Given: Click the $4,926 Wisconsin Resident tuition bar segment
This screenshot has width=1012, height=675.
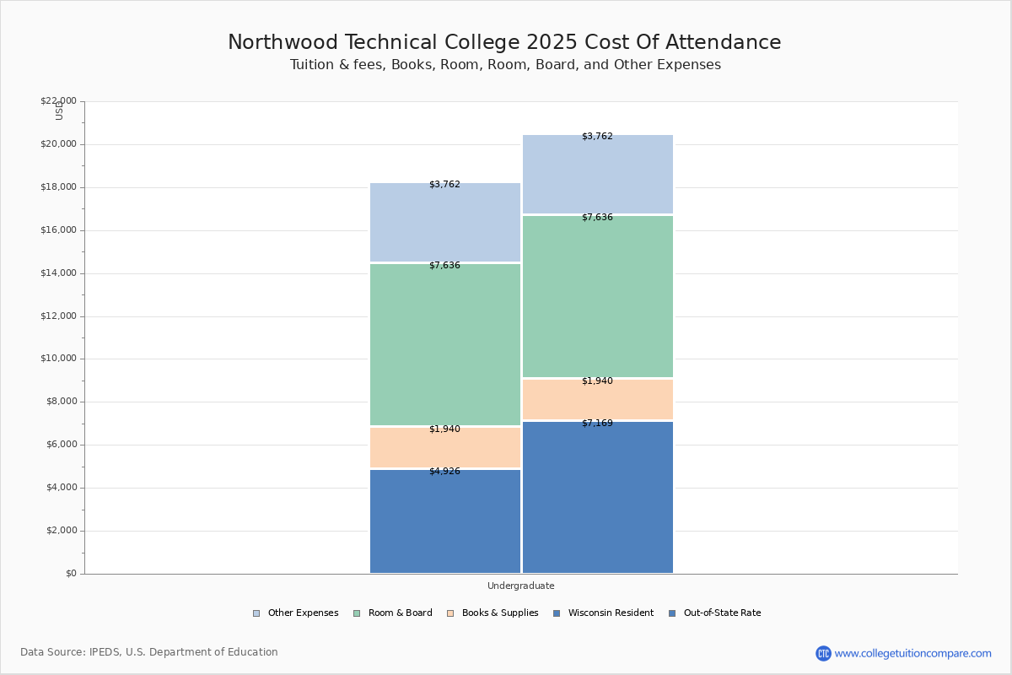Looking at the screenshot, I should (445, 521).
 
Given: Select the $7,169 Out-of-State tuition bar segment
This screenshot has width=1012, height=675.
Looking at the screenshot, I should (598, 498).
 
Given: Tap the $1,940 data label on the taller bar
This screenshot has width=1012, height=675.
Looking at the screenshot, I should (597, 381).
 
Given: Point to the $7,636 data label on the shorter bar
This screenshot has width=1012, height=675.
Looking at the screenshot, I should (444, 266).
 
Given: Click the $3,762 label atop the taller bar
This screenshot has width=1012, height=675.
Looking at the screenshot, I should (597, 137).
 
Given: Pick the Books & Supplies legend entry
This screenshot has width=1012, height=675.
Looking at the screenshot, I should (493, 613).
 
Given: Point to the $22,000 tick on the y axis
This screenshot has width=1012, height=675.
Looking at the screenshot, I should (58, 101).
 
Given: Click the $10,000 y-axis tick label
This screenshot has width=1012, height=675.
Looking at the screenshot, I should (58, 359).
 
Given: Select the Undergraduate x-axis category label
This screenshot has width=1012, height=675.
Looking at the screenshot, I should (520, 586).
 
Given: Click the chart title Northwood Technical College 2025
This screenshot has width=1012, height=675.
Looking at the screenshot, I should (504, 43).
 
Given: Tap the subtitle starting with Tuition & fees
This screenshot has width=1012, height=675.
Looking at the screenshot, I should (505, 65).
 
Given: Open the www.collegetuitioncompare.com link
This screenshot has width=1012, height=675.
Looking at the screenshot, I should (912, 653).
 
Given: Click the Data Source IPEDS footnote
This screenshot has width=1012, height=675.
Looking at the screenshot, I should (149, 652).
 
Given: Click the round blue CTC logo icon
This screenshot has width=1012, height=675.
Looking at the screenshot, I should (823, 653).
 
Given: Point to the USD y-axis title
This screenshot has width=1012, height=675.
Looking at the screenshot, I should (59, 111).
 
